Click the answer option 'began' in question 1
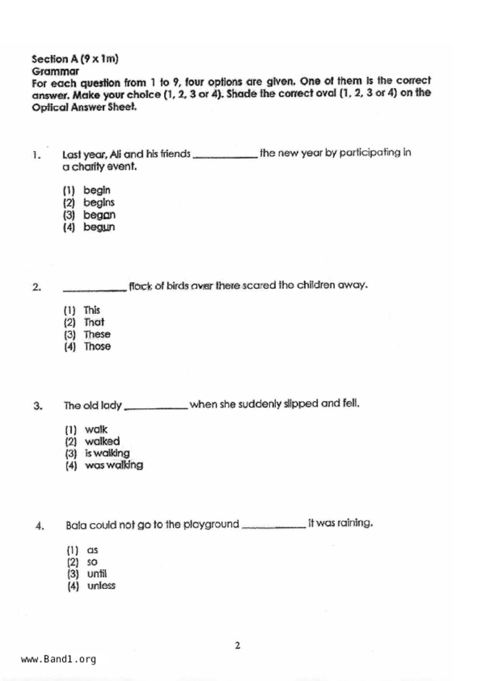point(99,215)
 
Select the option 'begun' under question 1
point(99,227)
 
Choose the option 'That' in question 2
point(94,322)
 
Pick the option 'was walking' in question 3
point(114,465)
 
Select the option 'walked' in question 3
point(102,441)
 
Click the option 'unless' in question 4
point(101,585)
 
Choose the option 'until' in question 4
point(97,574)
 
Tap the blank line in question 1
point(225,156)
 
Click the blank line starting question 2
point(95,289)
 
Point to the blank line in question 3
point(156,408)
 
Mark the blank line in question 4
point(274,526)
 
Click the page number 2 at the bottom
point(238,646)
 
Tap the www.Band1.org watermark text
point(58,659)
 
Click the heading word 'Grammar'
point(55,71)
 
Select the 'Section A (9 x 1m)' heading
point(75,59)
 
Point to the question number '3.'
point(38,406)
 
